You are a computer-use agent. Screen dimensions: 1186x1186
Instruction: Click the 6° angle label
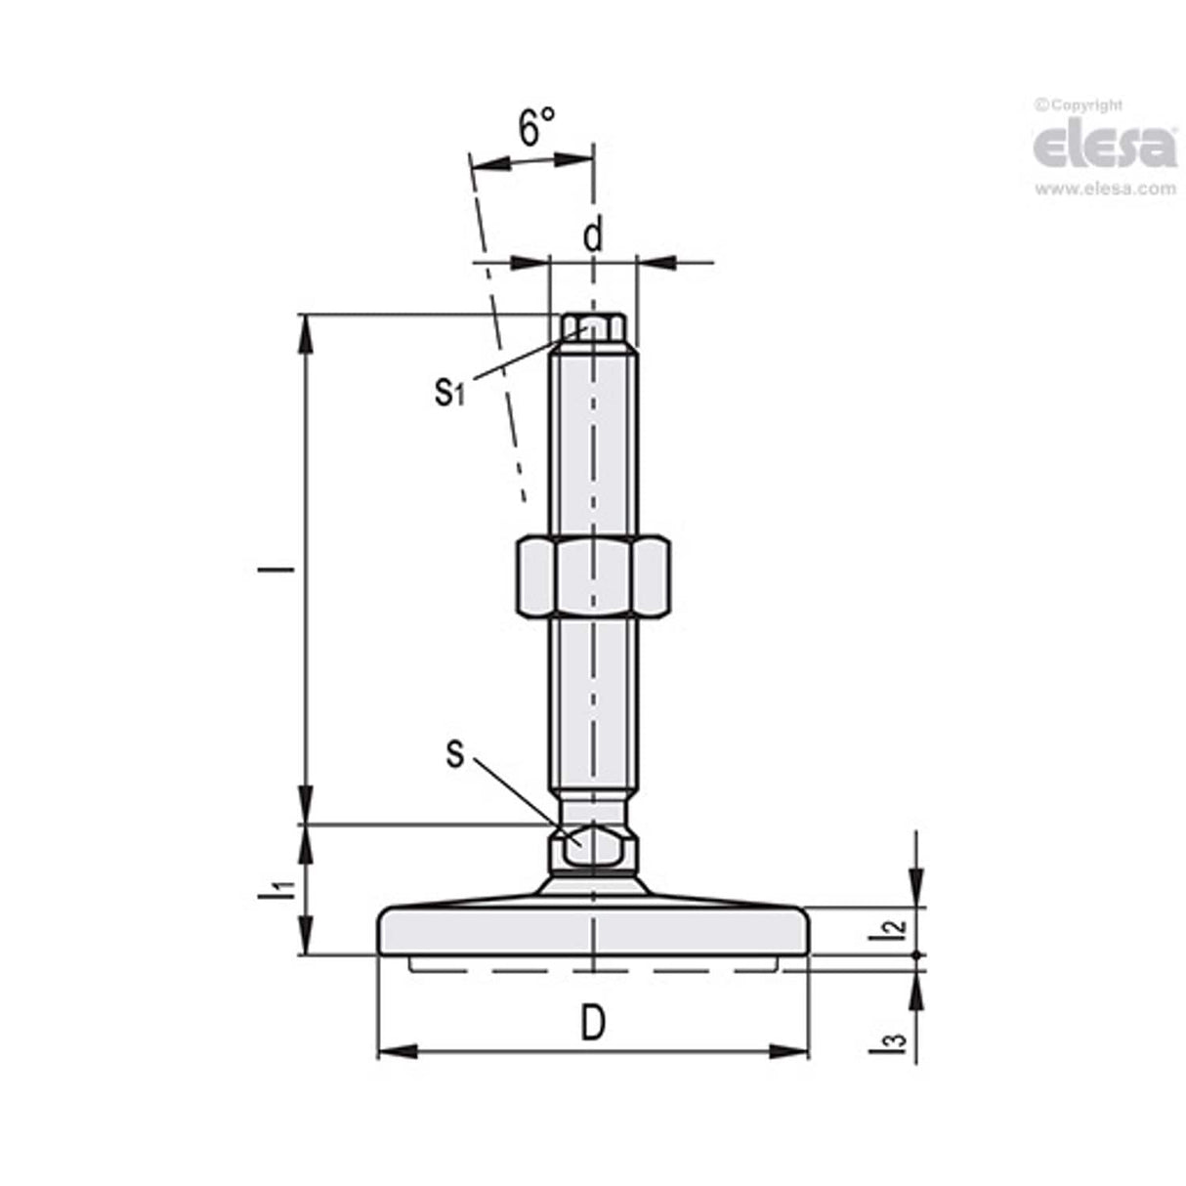click(535, 127)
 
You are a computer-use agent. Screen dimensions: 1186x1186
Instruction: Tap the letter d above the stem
click(593, 235)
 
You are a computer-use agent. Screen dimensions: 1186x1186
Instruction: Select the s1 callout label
click(448, 392)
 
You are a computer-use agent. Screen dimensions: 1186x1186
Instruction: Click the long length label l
click(284, 569)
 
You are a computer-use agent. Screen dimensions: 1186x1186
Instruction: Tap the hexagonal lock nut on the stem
click(592, 576)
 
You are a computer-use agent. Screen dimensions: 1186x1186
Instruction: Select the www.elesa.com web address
click(1105, 190)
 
